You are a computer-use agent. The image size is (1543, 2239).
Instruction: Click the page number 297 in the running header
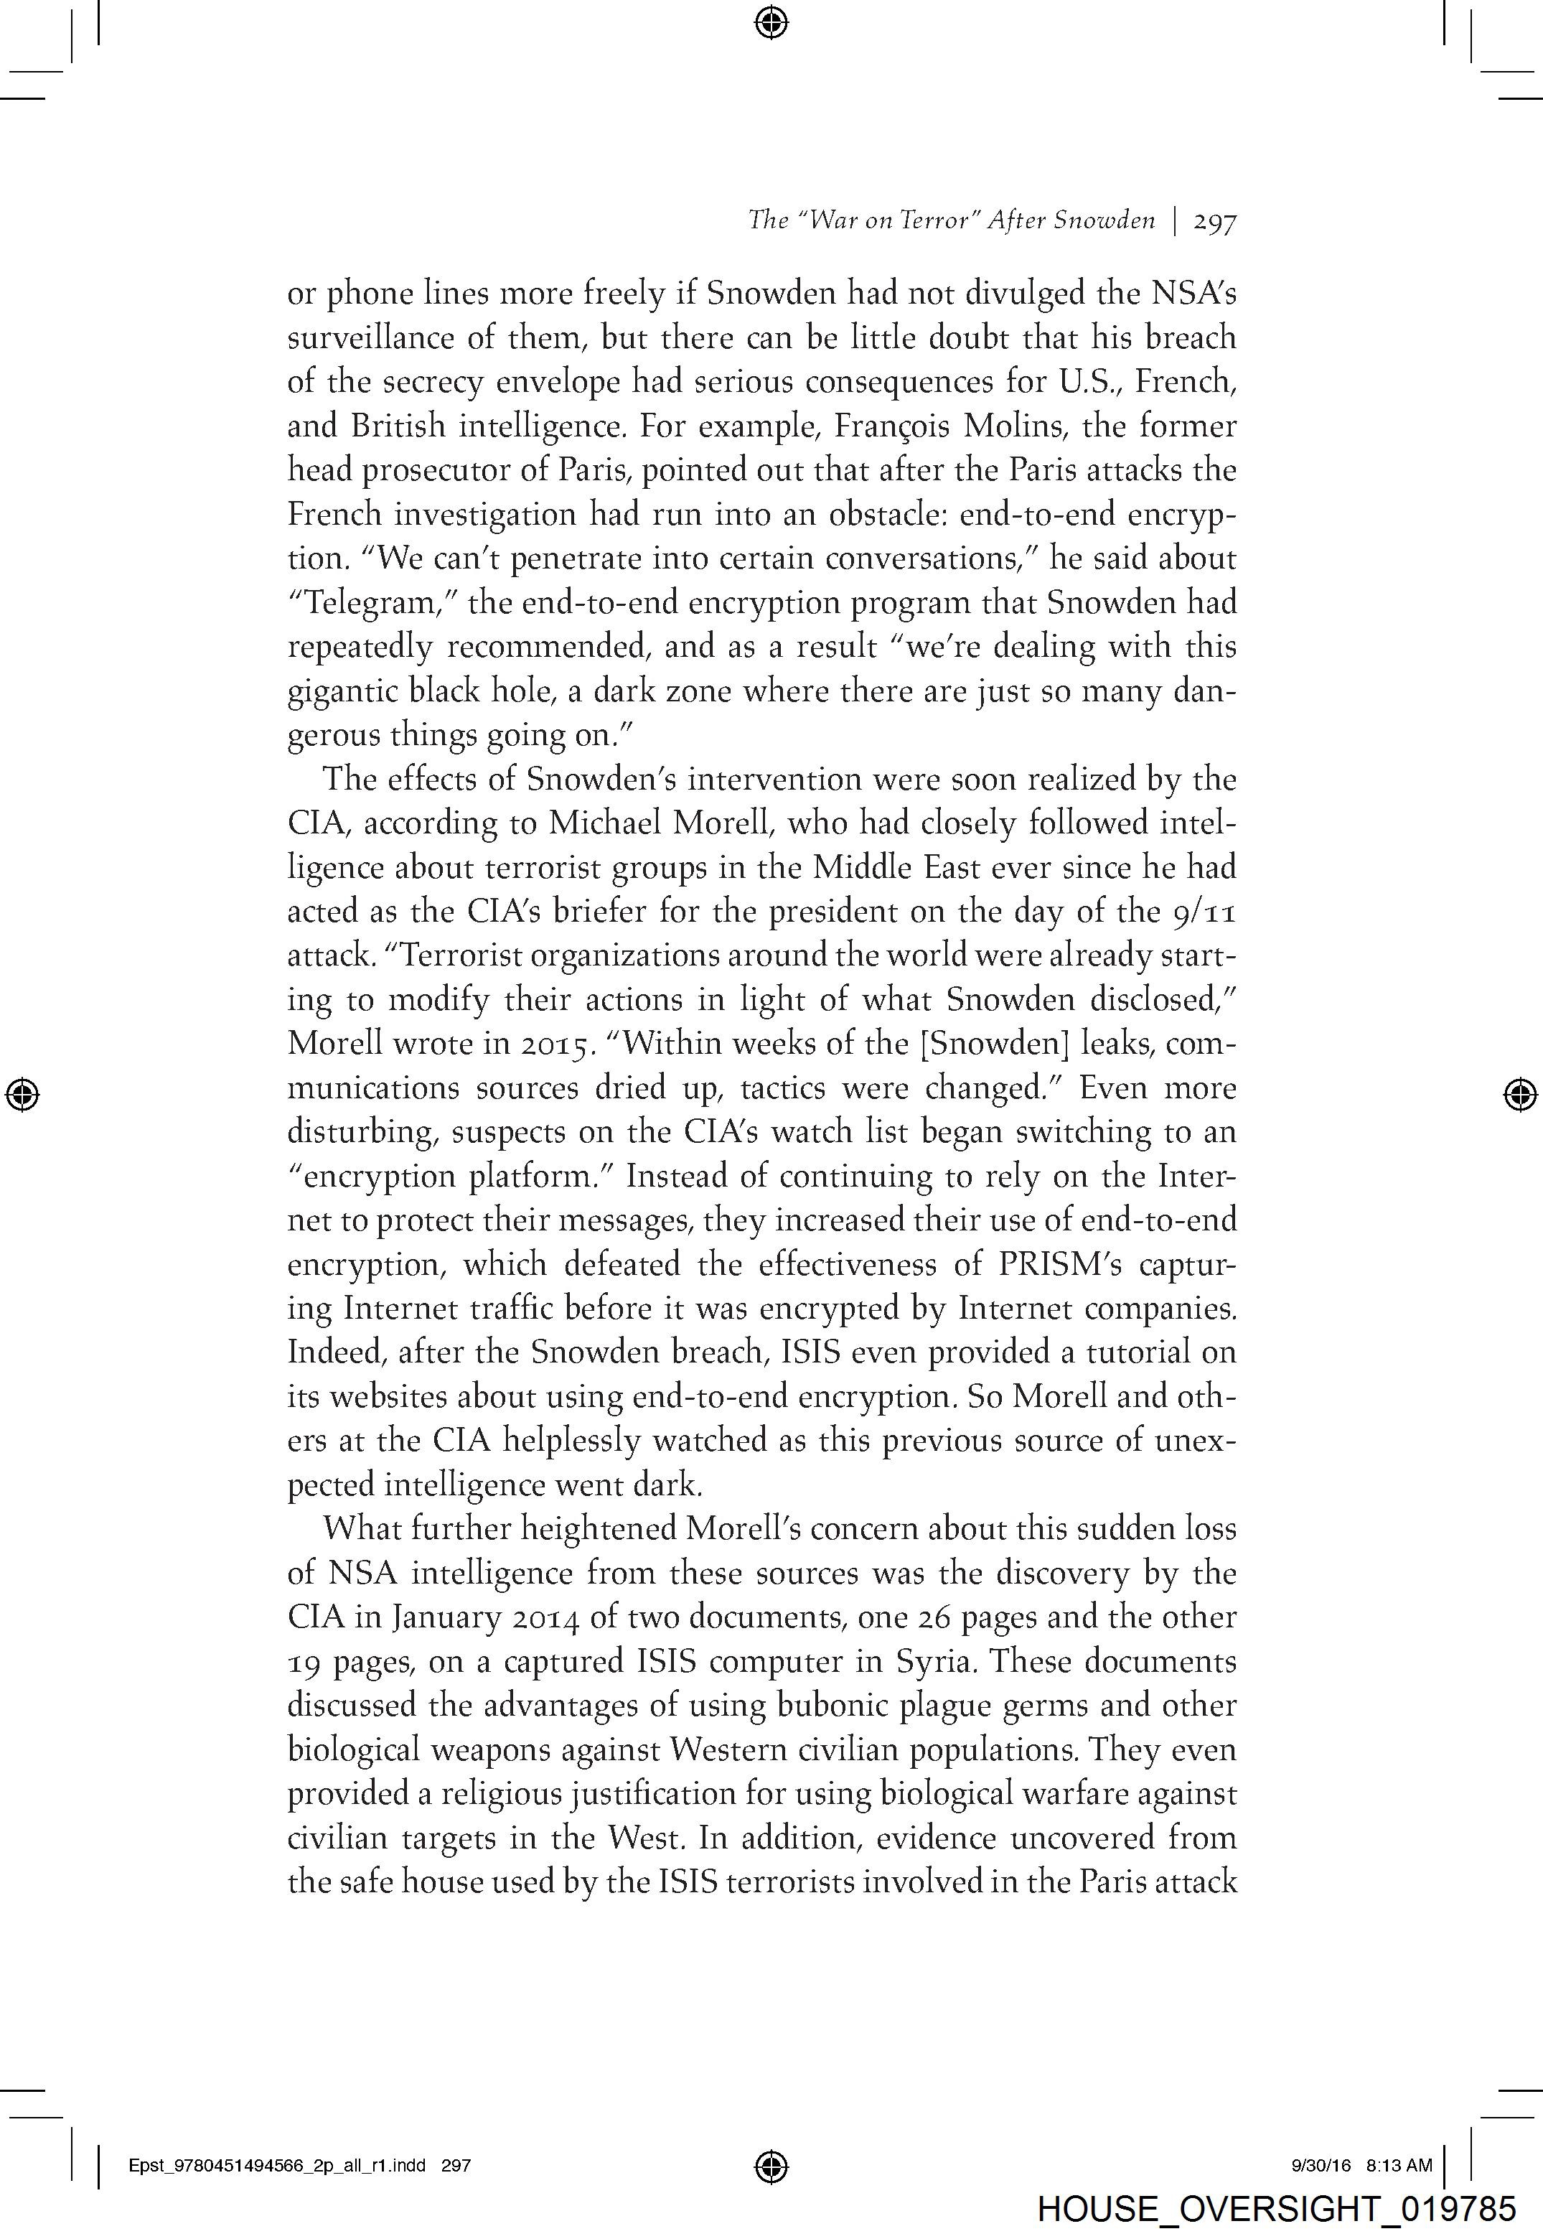click(1215, 223)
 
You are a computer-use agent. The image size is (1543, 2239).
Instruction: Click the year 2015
click(553, 1044)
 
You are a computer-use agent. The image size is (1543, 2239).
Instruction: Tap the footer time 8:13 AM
click(1399, 2166)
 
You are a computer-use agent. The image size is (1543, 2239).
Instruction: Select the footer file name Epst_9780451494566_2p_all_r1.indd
click(276, 2166)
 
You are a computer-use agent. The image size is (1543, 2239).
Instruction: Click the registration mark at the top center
click(771, 22)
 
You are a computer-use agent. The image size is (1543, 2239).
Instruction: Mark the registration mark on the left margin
click(22, 1094)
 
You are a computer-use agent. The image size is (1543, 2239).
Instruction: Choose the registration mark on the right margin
click(1521, 1094)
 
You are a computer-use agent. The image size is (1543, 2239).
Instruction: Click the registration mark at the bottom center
click(771, 2166)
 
